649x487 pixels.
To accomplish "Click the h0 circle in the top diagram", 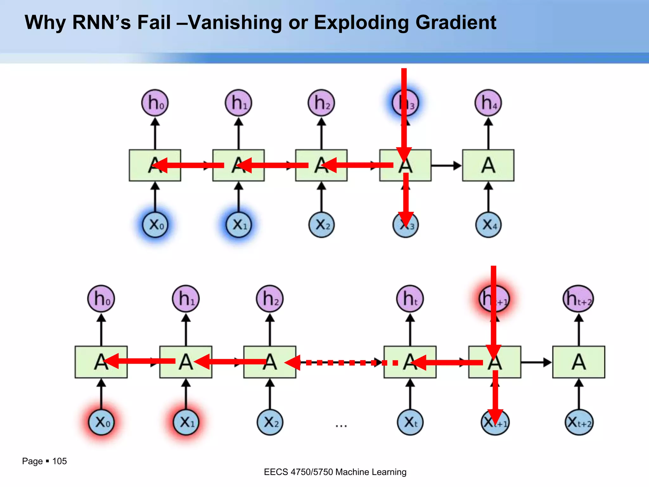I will click(155, 103).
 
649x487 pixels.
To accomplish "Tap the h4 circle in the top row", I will click(488, 103).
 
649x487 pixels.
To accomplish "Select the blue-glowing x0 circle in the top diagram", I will click(155, 225).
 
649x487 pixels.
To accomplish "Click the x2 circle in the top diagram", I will click(321, 225).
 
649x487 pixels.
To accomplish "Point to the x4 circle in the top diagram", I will click(488, 225).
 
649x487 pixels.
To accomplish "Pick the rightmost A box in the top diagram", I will click(488, 165).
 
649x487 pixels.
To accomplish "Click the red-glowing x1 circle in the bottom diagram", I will click(186, 422).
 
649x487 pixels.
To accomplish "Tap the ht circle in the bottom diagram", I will click(410, 298).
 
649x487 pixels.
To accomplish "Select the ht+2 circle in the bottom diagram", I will click(578, 298).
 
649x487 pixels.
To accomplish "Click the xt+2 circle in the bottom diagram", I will click(579, 422).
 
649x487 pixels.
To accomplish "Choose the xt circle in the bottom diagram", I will click(410, 422).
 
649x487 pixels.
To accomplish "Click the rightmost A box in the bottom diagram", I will click(579, 362).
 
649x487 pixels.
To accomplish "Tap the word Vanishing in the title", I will click(235, 23).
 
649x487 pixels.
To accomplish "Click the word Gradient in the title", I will click(456, 23).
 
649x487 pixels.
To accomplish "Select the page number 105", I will click(59, 461).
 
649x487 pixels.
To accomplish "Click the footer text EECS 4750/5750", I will click(298, 472).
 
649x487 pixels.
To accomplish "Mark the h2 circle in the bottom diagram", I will click(270, 298).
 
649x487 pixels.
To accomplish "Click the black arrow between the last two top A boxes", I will click(446, 166).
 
